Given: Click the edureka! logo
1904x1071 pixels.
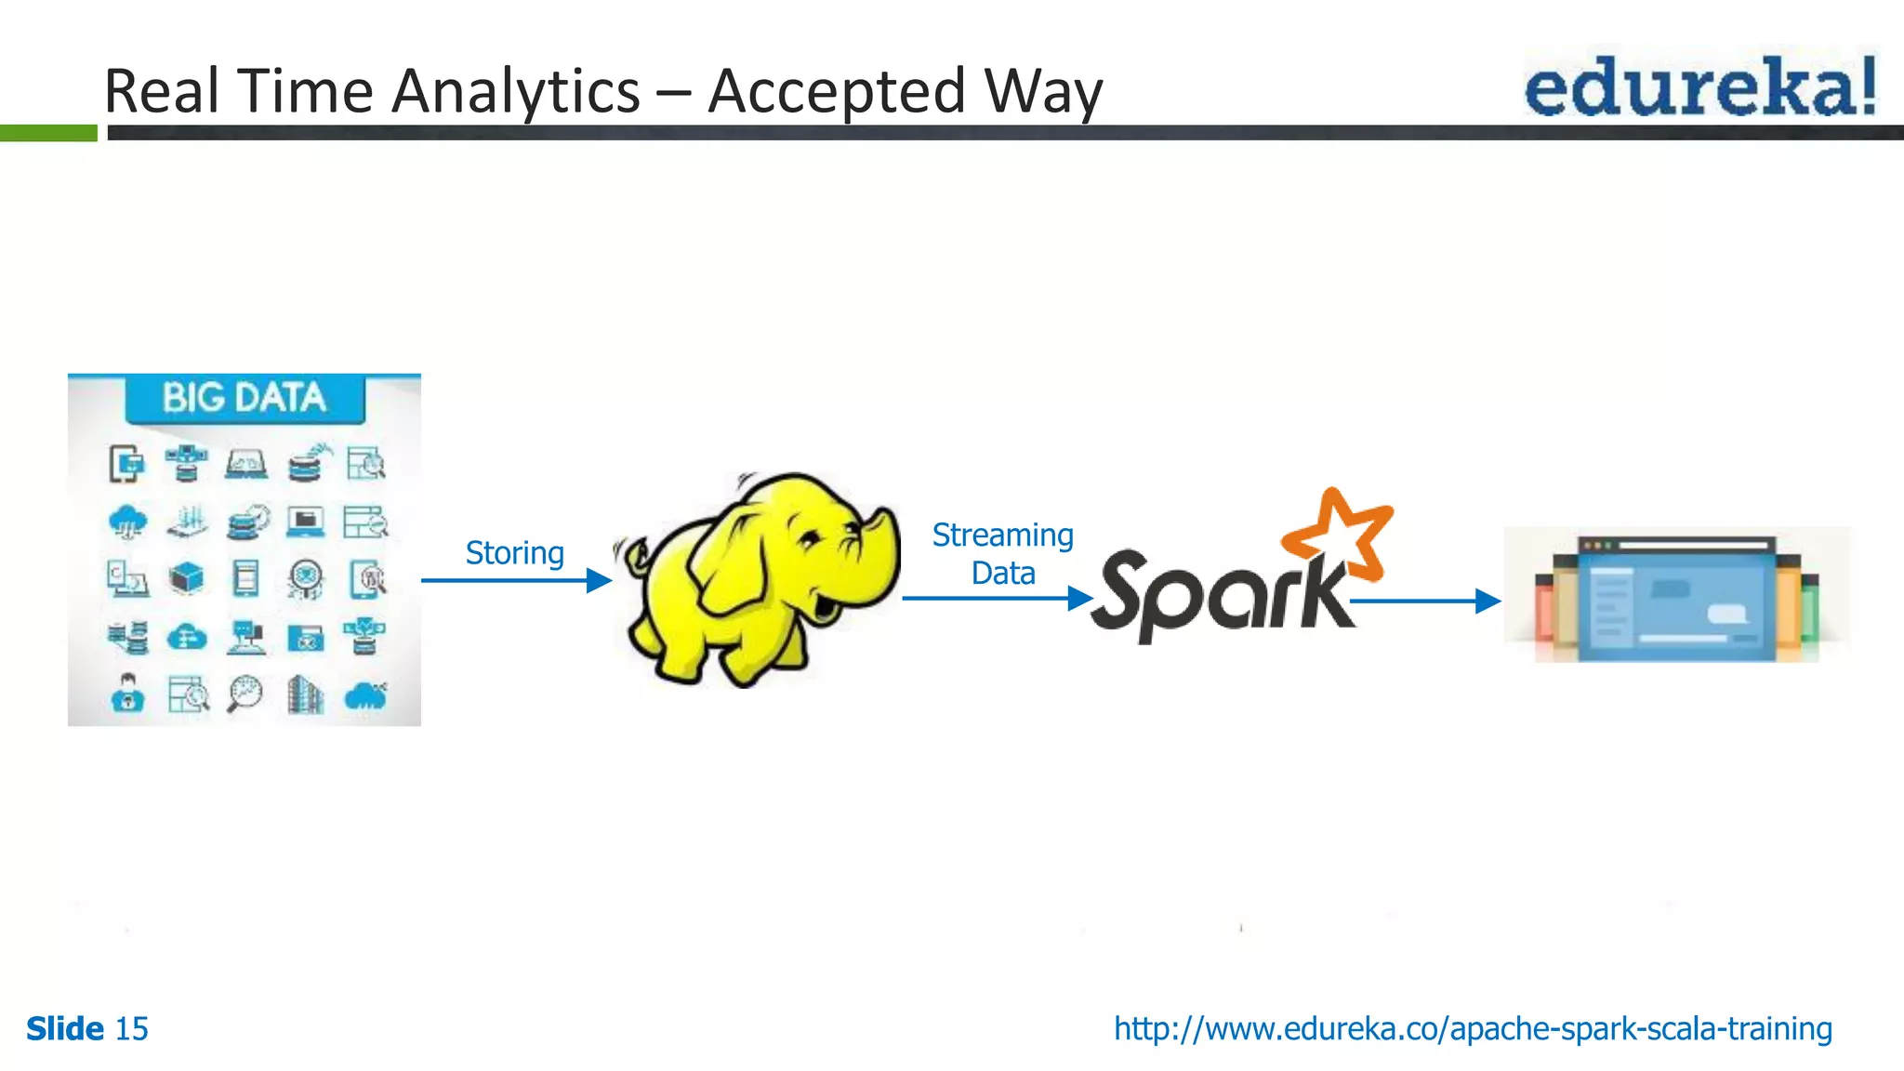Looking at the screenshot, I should coord(1699,86).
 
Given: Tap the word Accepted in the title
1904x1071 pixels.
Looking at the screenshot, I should coord(837,92).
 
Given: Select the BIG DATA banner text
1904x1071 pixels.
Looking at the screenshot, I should coord(245,398).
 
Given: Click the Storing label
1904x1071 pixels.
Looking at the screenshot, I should coord(514,553).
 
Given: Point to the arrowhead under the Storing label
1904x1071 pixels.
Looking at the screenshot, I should coord(599,581).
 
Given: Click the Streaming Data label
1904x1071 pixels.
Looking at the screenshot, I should coord(1002,554).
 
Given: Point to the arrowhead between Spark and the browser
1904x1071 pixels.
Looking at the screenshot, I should coord(1487,602).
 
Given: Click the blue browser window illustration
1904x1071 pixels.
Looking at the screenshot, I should coord(1675,600).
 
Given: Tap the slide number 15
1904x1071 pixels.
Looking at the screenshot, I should coord(131,1029).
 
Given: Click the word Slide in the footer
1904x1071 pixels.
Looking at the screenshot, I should coord(65,1029).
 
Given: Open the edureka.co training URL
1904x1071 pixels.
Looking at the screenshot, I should coord(1473,1029).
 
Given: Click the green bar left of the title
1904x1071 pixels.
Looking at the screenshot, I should coord(48,133).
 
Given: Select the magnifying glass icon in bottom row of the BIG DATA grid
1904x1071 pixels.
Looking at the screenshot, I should coord(245,694).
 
